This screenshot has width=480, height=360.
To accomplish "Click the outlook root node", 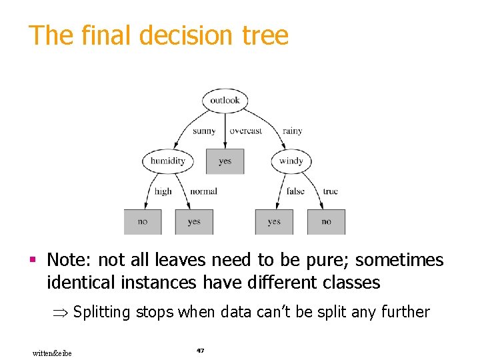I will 225,101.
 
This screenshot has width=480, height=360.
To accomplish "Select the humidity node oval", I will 167,161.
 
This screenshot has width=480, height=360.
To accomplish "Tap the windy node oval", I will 291,161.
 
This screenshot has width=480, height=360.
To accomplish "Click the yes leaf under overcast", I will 225,161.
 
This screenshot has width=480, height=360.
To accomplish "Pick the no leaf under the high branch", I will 142,222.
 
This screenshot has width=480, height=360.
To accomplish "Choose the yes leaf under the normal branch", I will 194,222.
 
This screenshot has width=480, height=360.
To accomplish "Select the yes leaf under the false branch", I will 274,222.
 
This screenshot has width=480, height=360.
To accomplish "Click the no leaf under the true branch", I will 326,222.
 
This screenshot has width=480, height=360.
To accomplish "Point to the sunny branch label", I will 204,131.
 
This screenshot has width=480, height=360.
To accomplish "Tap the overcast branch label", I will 246,131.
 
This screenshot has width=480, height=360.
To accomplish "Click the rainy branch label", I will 292,131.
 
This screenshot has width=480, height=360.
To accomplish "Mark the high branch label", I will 163,191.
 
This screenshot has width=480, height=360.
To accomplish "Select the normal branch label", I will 203,191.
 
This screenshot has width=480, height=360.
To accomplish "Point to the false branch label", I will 295,191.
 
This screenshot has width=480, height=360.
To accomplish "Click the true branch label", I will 330,191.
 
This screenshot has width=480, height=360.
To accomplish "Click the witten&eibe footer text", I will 52,353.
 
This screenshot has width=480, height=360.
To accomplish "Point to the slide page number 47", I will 200,350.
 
